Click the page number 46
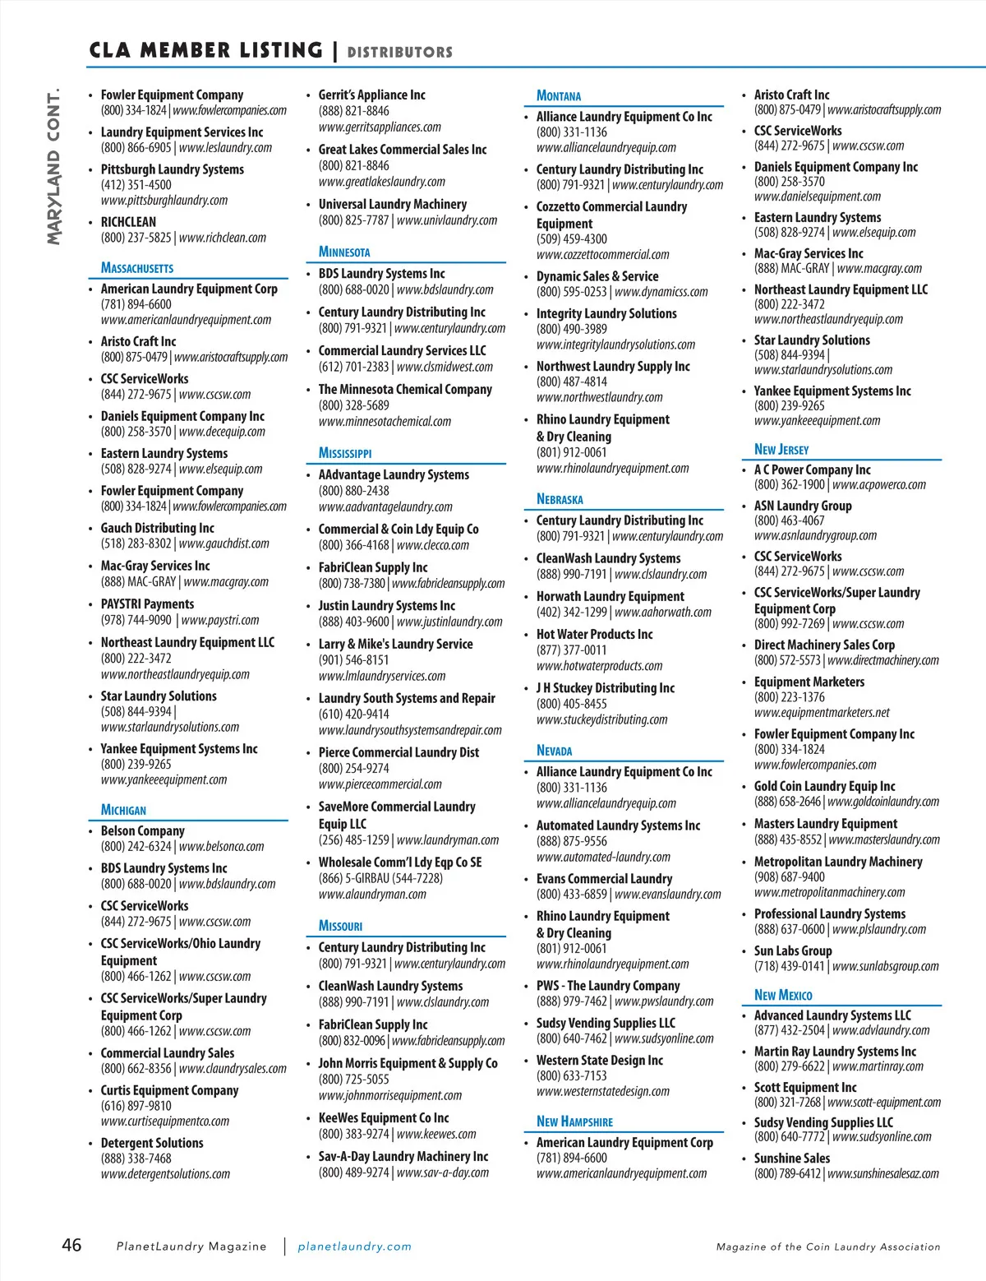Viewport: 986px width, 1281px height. point(71,1244)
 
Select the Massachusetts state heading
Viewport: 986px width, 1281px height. point(137,267)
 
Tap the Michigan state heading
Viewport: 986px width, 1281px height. point(123,810)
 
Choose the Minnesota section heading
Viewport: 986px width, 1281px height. point(344,252)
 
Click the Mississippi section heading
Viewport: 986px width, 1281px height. point(345,453)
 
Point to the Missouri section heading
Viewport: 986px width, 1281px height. point(340,926)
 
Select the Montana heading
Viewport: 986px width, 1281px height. point(559,95)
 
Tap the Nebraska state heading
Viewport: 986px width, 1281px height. point(560,499)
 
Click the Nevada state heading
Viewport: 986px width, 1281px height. point(555,751)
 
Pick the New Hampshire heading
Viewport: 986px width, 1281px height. point(574,1121)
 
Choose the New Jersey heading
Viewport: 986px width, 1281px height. point(781,449)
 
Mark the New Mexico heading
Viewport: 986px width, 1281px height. point(783,995)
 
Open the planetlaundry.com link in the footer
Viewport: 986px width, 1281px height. point(354,1246)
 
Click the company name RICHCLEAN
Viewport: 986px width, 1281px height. point(128,222)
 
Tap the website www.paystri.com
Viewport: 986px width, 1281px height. point(219,620)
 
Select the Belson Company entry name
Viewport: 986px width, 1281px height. point(143,831)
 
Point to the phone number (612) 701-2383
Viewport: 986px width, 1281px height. point(354,367)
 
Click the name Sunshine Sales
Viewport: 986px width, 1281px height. point(792,1158)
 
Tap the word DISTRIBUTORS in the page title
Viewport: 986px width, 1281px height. point(400,52)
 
